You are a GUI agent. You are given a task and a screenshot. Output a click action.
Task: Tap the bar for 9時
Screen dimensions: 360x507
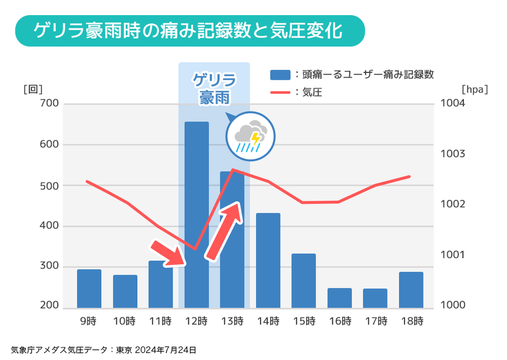click(89, 288)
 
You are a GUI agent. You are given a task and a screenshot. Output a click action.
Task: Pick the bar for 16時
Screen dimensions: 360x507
click(339, 298)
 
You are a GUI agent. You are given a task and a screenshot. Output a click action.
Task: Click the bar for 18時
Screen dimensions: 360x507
click(410, 290)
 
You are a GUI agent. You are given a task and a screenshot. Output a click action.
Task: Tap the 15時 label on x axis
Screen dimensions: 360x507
click(304, 322)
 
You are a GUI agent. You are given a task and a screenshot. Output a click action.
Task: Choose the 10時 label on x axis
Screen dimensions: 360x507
click(125, 322)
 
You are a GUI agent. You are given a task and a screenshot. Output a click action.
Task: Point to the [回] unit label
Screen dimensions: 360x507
click(33, 89)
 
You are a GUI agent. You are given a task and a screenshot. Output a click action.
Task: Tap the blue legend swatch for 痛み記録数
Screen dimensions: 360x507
click(280, 74)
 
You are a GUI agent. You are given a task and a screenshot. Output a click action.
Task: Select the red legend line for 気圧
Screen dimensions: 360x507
click(280, 92)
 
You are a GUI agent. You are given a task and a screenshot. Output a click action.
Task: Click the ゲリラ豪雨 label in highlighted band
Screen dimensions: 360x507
click(214, 89)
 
